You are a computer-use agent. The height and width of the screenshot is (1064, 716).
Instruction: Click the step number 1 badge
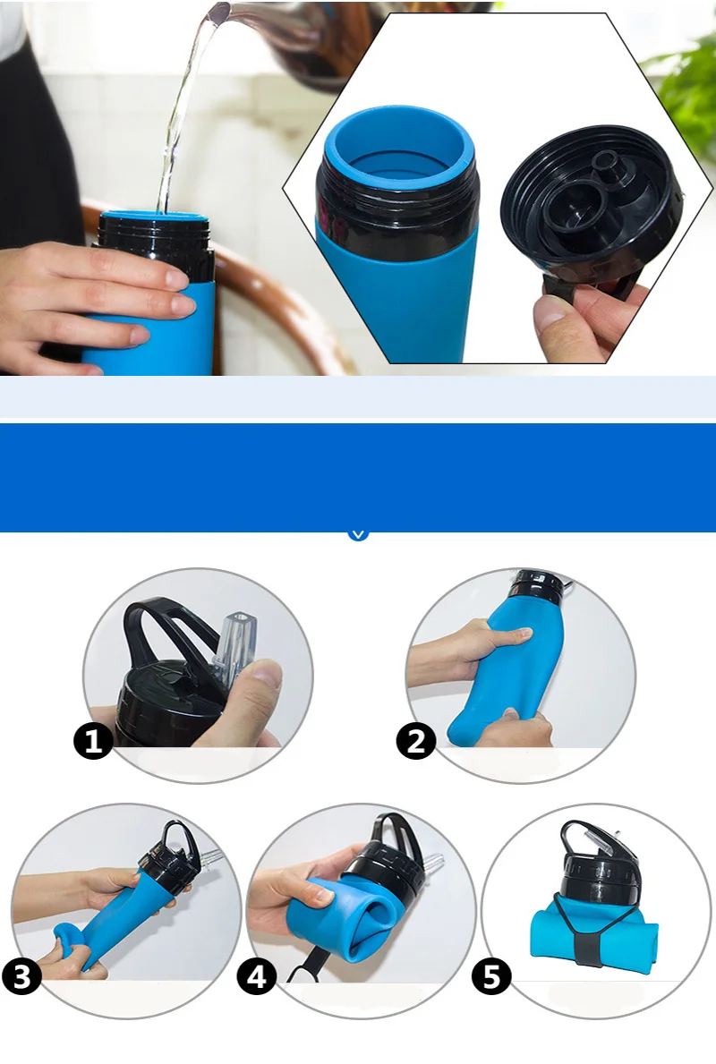[93, 740]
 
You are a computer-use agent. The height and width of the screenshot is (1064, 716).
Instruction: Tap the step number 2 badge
[416, 740]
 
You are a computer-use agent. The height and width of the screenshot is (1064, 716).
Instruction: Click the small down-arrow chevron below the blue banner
[358, 535]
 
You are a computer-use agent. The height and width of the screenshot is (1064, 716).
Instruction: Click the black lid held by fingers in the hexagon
[592, 202]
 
